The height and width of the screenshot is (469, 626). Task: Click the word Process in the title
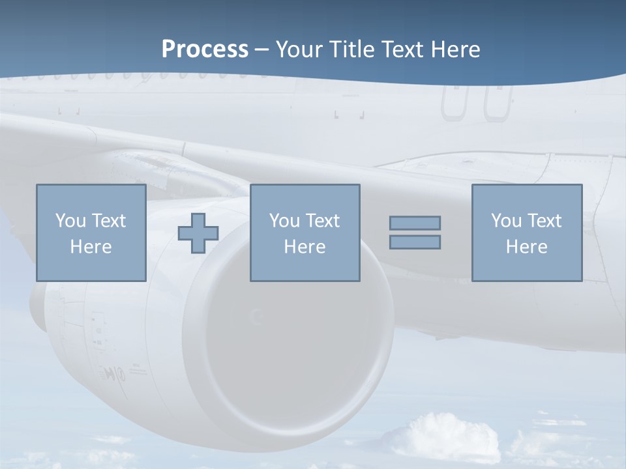click(x=205, y=50)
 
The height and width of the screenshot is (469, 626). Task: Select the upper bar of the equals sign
click(x=415, y=223)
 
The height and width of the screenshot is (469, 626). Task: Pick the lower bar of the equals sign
click(x=415, y=242)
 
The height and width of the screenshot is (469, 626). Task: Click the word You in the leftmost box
click(x=70, y=221)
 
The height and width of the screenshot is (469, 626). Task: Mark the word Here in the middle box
click(x=305, y=247)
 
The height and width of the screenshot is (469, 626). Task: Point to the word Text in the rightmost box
click(x=543, y=221)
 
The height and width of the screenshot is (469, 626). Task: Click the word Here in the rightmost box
click(x=526, y=247)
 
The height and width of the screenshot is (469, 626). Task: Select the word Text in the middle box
click(x=321, y=221)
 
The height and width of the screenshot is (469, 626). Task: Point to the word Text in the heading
click(x=400, y=50)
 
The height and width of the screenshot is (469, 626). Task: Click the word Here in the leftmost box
click(x=91, y=247)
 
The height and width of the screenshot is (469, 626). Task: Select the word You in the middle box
click(x=284, y=221)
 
